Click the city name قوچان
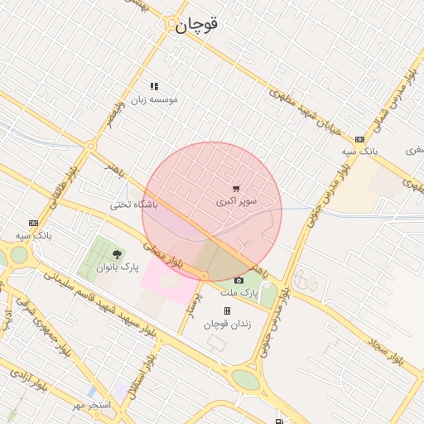[x=196, y=25]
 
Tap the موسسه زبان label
[x=154, y=99]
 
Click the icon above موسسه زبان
[x=154, y=86]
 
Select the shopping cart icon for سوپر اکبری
[x=237, y=189]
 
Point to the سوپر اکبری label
[x=237, y=201]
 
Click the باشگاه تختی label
[x=133, y=204]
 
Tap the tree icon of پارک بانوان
[x=116, y=254]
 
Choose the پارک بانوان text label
[x=117, y=267]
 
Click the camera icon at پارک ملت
[x=239, y=280]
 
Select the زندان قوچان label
[x=227, y=324]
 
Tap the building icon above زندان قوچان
[x=227, y=311]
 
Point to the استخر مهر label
[x=90, y=405]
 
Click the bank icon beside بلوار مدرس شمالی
[x=359, y=139]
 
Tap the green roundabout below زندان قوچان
[x=245, y=379]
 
